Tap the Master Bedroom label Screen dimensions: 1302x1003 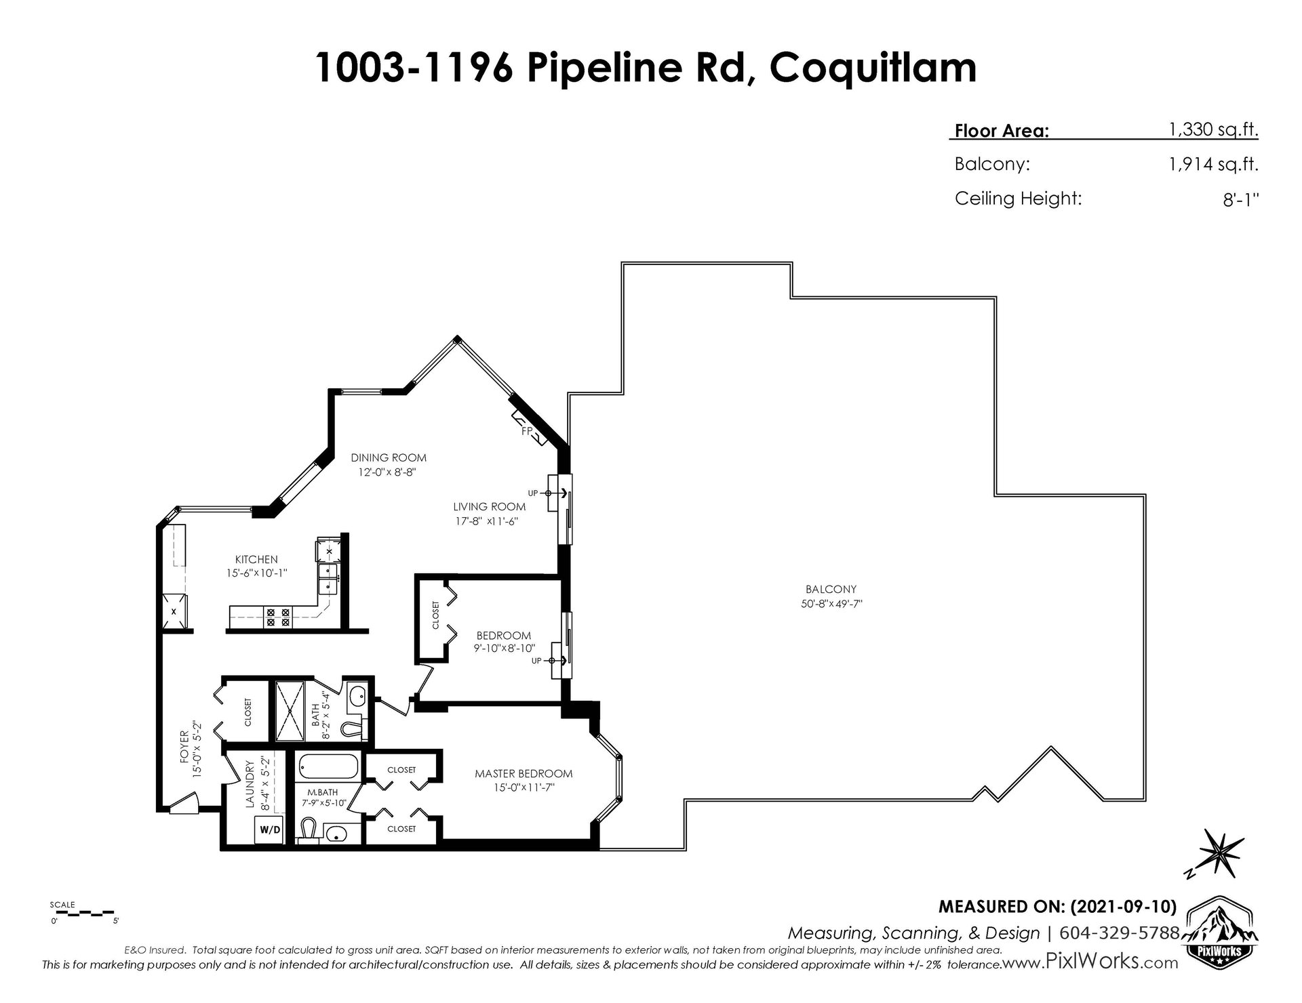pos(524,773)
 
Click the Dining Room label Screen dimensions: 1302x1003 pos(389,457)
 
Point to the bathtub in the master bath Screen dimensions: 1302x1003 pos(328,767)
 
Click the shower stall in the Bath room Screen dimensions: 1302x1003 pos(290,711)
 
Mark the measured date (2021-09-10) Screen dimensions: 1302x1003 pos(1126,906)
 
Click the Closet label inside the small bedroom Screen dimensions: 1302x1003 pos(435,615)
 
